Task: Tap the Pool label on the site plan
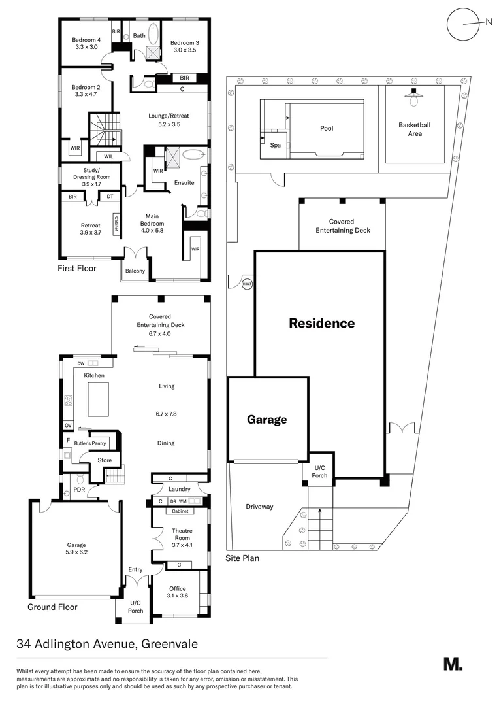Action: point(327,128)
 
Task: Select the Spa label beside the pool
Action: point(275,145)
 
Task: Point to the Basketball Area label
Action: point(415,129)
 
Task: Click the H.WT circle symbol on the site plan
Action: point(248,284)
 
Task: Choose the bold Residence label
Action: point(322,323)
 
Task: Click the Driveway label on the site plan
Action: point(259,507)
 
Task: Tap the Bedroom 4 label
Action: point(86,43)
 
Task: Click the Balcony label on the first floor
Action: point(135,271)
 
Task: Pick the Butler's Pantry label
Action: point(89,443)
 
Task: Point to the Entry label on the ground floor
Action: point(135,569)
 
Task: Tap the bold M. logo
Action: point(453,664)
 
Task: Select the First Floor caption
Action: point(77,268)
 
